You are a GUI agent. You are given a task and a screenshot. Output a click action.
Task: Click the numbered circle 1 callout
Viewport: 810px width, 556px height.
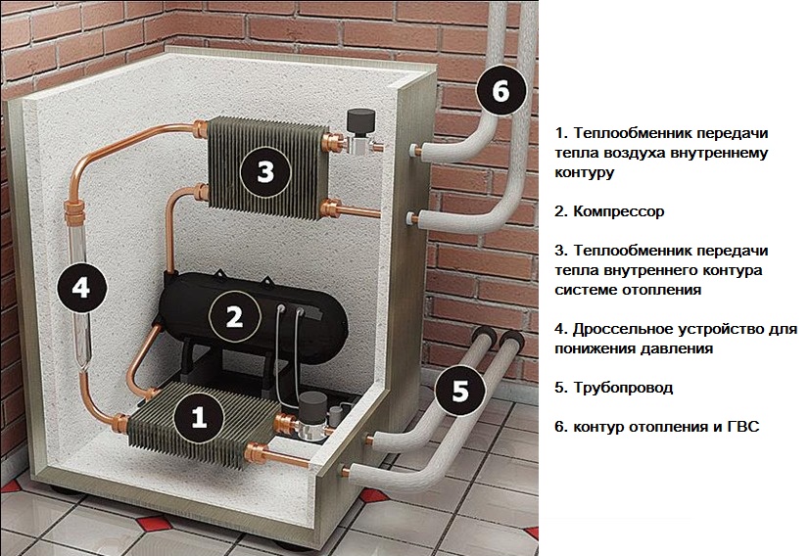[x=199, y=418]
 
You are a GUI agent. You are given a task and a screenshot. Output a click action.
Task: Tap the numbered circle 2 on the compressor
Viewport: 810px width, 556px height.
[x=234, y=316]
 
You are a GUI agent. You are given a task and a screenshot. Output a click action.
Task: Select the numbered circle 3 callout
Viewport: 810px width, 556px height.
[x=264, y=172]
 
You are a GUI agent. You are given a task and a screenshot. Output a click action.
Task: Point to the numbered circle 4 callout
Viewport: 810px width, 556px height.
[x=81, y=287]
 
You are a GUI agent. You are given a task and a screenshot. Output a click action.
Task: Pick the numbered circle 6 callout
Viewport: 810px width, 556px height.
[x=500, y=92]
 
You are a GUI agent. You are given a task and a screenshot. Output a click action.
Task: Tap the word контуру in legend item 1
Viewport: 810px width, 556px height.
[x=584, y=172]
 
